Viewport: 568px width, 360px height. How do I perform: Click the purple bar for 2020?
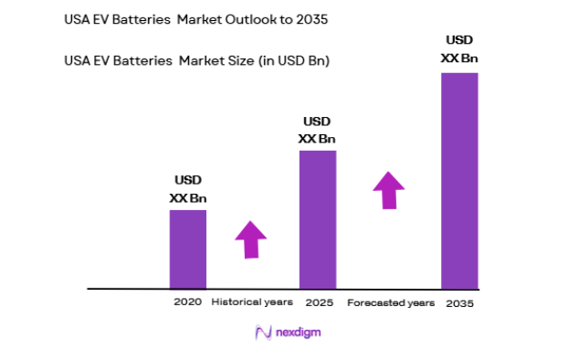point(188,249)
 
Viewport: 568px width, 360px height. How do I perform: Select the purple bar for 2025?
point(318,219)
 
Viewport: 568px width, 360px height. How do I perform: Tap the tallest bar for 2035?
point(459,180)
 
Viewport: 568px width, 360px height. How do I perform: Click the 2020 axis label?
point(187,302)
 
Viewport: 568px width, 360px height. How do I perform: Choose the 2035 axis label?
point(459,302)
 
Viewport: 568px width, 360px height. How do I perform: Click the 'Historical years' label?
point(252,302)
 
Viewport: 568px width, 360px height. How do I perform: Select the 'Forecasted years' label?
point(390,302)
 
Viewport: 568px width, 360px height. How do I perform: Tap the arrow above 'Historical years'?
point(250,239)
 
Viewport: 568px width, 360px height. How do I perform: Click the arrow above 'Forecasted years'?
point(388,189)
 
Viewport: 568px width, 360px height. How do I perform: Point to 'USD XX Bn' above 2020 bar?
point(187,189)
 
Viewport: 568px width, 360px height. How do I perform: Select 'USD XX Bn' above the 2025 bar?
point(317,130)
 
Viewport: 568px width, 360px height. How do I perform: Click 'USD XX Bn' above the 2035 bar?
point(459,48)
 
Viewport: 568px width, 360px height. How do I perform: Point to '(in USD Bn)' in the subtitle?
point(288,61)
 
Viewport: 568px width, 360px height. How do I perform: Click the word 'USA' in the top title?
point(78,17)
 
